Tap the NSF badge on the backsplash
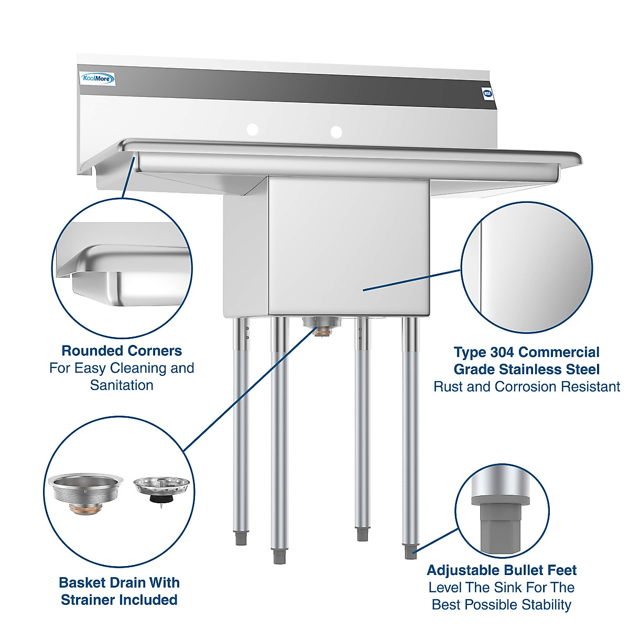(487, 93)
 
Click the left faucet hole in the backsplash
(253, 129)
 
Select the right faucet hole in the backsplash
(336, 132)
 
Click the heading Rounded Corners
(122, 351)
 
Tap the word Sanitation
(122, 385)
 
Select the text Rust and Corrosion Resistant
(526, 387)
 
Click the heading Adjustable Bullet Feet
(502, 570)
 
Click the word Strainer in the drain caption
(92, 600)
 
